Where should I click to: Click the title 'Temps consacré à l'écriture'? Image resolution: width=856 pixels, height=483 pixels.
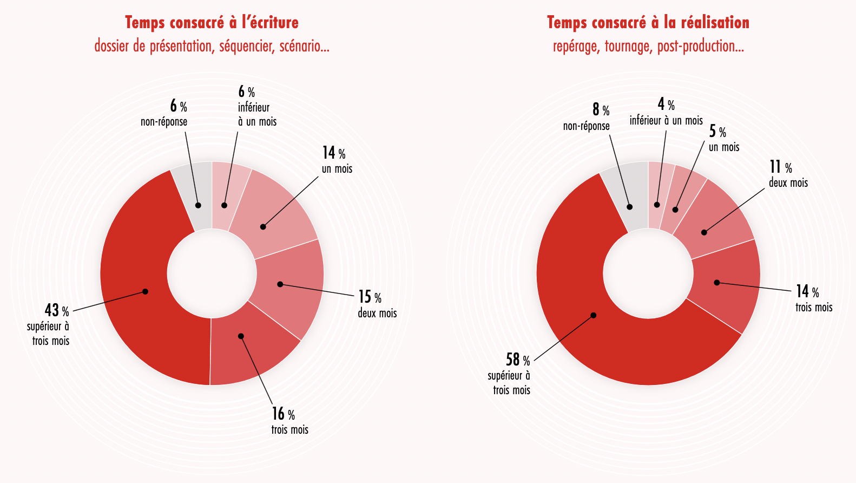point(212,23)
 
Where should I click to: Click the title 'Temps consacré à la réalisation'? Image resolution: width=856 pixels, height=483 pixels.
point(648,23)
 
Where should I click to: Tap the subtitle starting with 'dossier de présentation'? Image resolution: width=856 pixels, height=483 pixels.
point(212,46)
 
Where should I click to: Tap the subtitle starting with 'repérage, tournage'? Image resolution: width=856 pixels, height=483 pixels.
point(648,47)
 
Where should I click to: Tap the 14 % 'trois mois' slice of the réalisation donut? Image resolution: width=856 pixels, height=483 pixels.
point(725,282)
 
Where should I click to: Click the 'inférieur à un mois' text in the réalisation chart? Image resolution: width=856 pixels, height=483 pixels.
point(666,120)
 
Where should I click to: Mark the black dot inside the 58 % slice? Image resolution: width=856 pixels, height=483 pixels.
point(593,315)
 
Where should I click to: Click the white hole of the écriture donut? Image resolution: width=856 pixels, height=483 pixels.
point(212,273)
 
